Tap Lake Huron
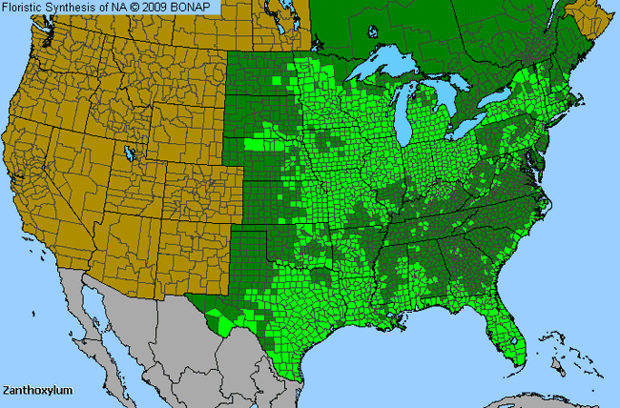[447, 101]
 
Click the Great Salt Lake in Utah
[128, 153]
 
